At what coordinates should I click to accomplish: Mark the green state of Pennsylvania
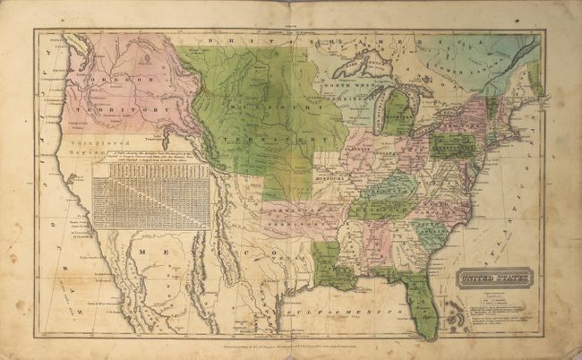(x=453, y=144)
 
